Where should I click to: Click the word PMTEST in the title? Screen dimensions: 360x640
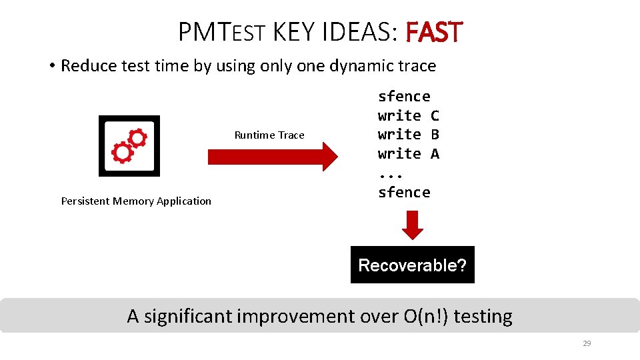coord(223,32)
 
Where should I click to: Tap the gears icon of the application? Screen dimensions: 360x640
coord(129,146)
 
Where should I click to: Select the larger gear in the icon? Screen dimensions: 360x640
coord(123,153)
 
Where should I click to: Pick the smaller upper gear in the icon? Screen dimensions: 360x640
coord(137,138)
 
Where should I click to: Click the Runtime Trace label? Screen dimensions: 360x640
coord(269,135)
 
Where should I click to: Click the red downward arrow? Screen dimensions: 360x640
coord(413,225)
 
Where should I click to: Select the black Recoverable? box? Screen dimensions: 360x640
coord(412,265)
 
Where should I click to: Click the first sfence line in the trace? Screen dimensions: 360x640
coord(404,97)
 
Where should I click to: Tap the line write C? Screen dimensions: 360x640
coord(408,116)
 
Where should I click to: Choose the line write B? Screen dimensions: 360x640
coord(408,135)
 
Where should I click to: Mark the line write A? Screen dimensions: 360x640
coord(408,154)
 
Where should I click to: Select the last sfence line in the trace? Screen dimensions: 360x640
coord(404,193)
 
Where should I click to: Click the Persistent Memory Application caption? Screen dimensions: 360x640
coord(136,201)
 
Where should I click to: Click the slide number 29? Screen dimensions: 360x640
coord(587,344)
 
